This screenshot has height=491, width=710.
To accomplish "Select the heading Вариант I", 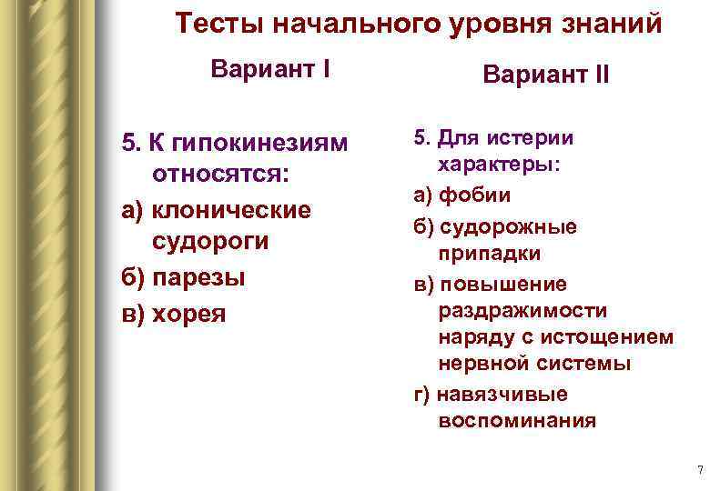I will tap(269, 69).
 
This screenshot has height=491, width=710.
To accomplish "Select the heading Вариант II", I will tap(546, 75).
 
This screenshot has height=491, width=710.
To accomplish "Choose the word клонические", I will tap(232, 210).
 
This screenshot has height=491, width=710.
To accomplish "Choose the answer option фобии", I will tap(487, 195).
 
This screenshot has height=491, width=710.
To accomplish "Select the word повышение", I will tap(515, 284).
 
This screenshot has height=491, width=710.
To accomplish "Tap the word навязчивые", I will tap(515, 394).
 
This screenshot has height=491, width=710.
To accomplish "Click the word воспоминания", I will tap(517, 421).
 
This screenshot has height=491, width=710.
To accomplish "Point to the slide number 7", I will tap(699, 470).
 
